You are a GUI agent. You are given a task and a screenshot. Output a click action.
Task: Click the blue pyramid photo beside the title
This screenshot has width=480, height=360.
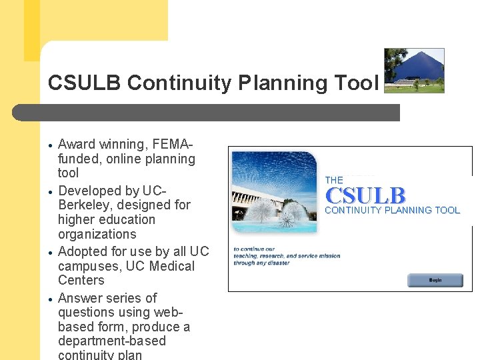[x=414, y=70]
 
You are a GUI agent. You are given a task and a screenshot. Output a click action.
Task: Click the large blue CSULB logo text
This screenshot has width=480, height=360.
[x=365, y=195]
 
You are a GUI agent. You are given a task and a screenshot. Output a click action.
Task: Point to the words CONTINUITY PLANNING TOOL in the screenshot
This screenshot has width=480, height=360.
[x=392, y=210]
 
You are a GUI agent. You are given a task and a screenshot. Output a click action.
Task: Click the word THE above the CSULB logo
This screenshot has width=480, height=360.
[x=334, y=180]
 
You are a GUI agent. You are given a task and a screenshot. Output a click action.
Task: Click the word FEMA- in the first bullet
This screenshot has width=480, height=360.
[x=173, y=144]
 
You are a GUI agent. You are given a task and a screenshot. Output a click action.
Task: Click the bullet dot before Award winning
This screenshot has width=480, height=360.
[x=50, y=145]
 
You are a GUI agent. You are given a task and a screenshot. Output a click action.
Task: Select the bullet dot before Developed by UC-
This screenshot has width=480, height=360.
[x=50, y=192]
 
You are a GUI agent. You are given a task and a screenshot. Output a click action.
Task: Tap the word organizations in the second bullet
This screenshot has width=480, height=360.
[x=97, y=234]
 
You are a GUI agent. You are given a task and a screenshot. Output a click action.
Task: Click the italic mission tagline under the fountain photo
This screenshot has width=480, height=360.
[x=287, y=256]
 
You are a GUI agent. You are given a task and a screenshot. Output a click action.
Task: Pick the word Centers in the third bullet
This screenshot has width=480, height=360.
[x=81, y=280]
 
